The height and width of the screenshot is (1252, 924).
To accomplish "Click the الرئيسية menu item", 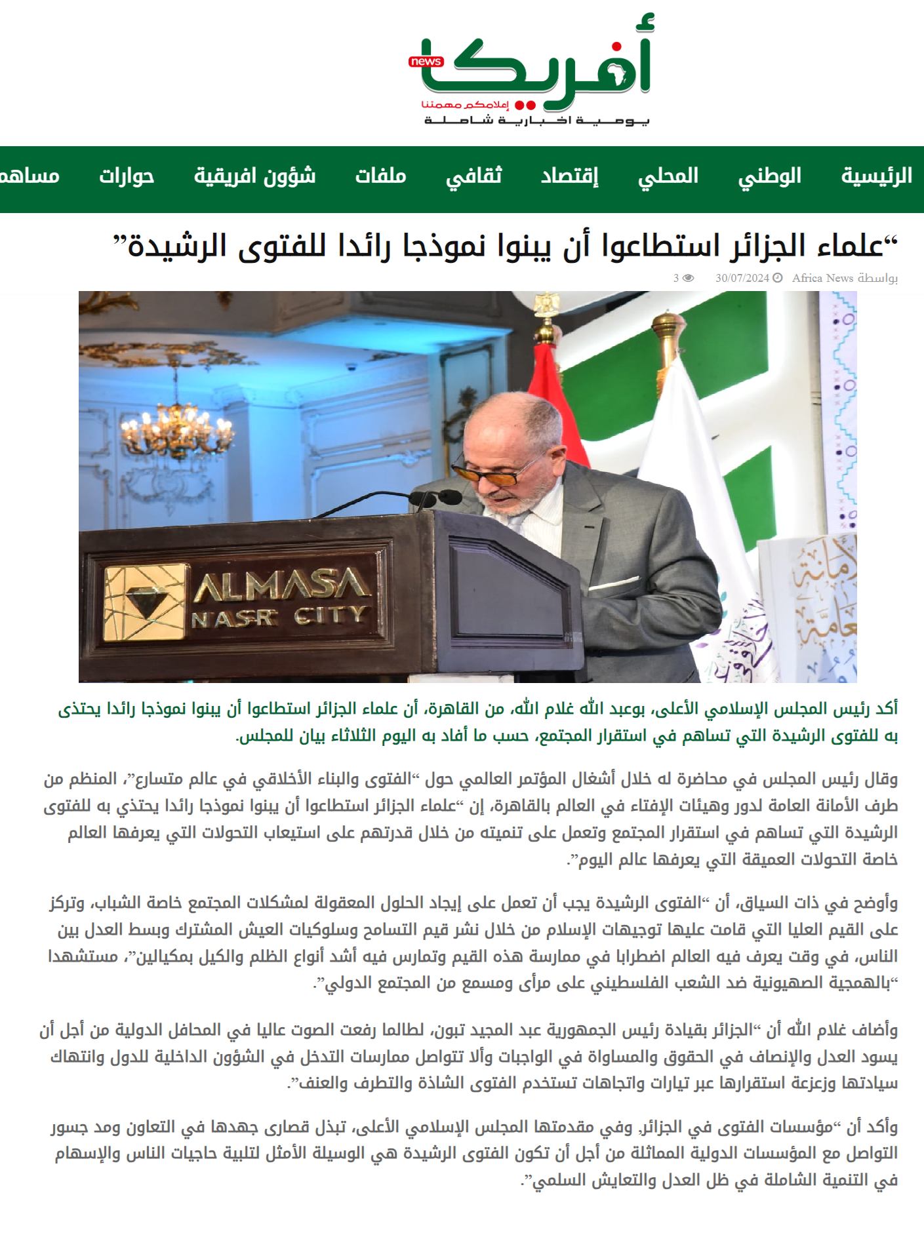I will click(876, 176).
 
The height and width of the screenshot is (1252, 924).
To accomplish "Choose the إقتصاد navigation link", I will click(569, 176).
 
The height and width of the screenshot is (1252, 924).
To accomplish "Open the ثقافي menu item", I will click(474, 176).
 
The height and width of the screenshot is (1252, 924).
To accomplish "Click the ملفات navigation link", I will click(381, 176).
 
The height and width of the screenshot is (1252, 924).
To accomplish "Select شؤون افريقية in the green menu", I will click(254, 176).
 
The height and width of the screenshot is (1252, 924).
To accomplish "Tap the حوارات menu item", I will click(127, 176).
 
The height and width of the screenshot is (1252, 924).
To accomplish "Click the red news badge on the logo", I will click(426, 62).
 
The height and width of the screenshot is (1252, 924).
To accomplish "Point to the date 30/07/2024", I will click(742, 278).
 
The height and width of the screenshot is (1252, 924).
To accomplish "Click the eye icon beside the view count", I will click(688, 278).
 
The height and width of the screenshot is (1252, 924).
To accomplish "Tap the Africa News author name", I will click(822, 278).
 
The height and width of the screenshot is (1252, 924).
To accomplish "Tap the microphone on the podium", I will click(435, 499).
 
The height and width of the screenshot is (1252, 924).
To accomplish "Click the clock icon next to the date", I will click(778, 278).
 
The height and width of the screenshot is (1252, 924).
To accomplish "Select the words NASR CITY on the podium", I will click(278, 616).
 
